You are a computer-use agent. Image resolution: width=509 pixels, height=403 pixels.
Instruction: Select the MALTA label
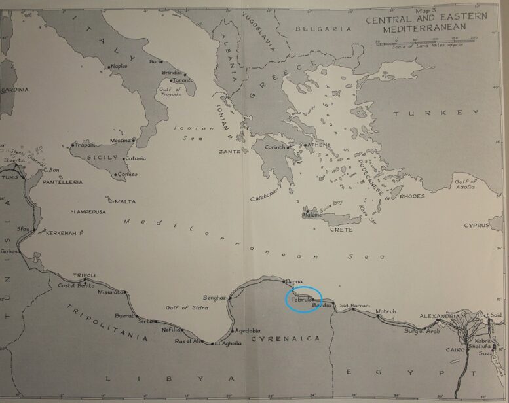125,201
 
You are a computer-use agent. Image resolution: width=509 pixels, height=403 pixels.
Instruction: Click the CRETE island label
340,230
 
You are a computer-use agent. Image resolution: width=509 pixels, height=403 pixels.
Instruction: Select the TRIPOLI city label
86,275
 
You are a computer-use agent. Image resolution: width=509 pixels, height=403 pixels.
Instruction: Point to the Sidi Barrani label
355,306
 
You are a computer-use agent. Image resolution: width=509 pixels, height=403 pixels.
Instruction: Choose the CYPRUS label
476,225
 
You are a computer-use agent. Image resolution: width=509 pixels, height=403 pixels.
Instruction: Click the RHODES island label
412,196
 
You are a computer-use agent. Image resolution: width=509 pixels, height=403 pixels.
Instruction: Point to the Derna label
295,281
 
